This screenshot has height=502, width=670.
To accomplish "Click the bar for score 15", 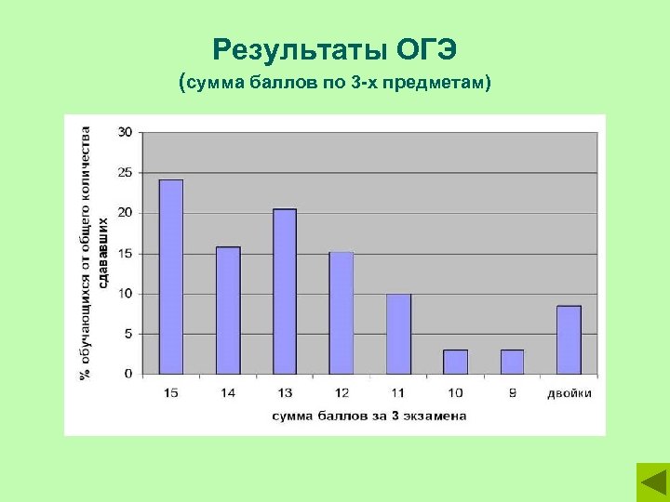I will click(171, 277).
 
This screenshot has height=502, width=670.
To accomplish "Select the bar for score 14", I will click(228, 310).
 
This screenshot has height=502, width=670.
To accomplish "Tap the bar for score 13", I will click(285, 292).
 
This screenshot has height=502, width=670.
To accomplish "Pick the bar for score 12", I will click(342, 313).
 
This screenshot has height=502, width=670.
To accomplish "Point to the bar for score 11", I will click(398, 334).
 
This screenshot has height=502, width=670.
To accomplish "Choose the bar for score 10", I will click(455, 362).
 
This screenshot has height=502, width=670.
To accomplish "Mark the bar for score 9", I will click(512, 362).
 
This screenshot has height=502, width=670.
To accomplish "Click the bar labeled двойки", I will click(569, 339).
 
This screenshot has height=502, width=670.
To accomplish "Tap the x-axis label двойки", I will click(569, 393).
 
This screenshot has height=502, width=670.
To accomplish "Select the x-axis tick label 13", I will click(285, 393).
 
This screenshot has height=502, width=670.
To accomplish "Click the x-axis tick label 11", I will click(398, 393).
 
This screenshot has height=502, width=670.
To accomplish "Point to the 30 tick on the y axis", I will click(126, 132).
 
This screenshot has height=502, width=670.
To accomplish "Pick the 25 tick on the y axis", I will click(126, 173).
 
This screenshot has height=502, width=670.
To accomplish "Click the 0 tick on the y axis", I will click(128, 374).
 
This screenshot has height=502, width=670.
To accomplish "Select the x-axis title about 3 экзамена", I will click(369, 416).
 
